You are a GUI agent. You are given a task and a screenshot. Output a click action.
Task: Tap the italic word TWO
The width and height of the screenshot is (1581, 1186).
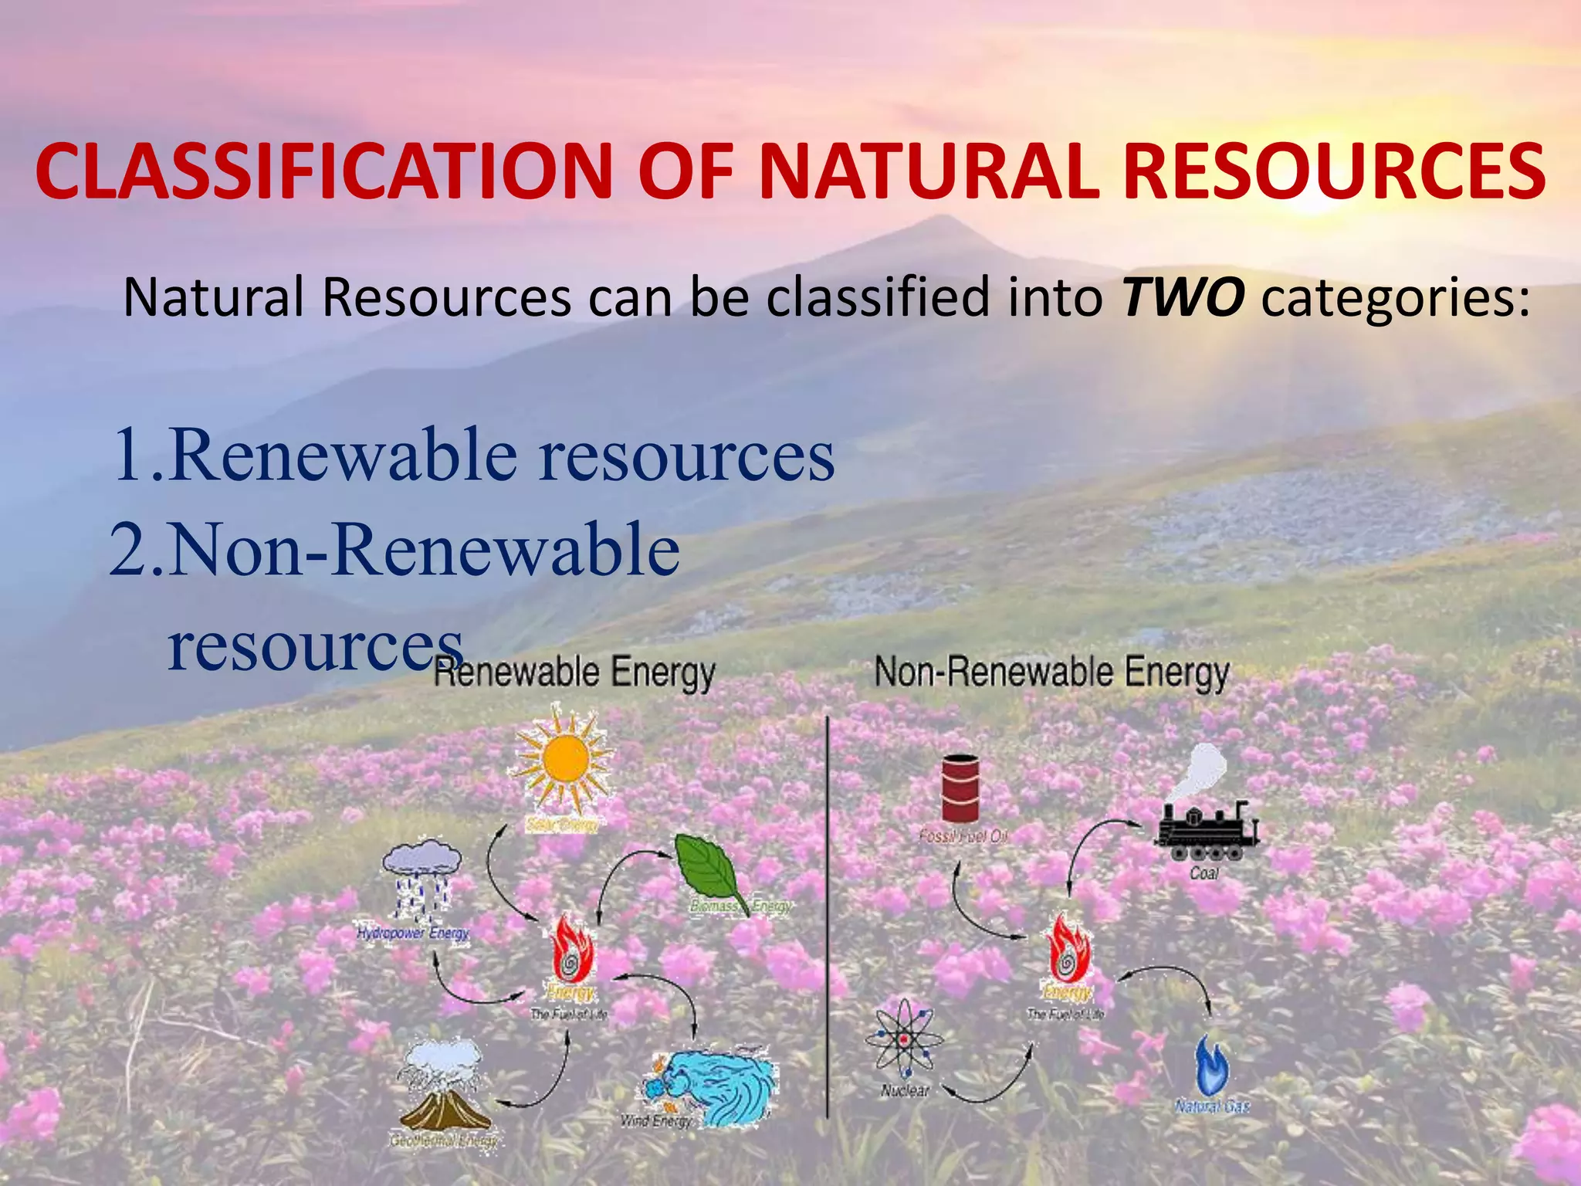tap(1183, 298)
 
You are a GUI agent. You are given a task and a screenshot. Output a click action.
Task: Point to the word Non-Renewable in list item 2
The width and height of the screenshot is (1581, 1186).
tap(424, 551)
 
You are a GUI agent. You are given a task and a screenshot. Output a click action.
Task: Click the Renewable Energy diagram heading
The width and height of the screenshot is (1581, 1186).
tap(574, 673)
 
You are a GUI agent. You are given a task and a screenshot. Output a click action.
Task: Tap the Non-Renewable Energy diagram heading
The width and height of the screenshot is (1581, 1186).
tap(1051, 673)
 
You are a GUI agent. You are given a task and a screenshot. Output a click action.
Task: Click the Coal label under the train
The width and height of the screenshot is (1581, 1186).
tap(1204, 873)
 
